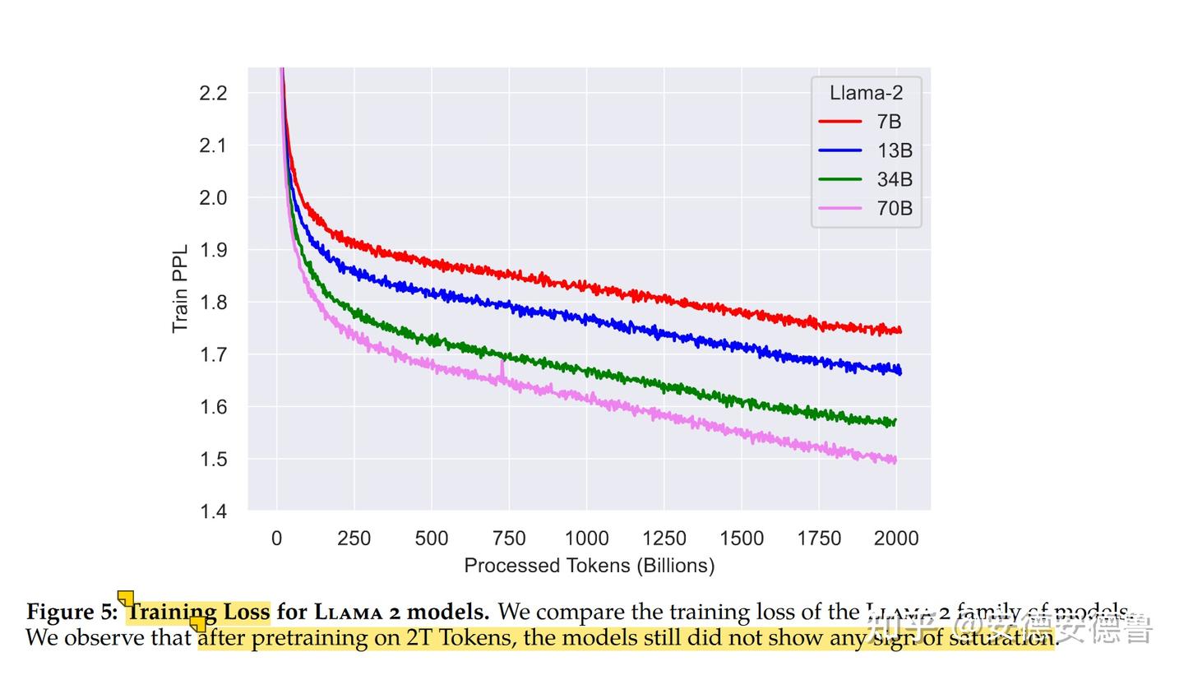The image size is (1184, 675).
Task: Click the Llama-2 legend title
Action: [x=866, y=93]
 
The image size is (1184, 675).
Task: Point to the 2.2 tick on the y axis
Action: [x=213, y=93]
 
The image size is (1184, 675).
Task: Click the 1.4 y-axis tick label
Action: [x=213, y=511]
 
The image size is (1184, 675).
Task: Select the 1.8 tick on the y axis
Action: [x=213, y=303]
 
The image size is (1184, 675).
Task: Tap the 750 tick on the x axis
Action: [x=508, y=539]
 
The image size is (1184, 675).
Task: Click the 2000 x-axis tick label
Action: [x=895, y=539]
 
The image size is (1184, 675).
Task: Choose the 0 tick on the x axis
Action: [x=276, y=539]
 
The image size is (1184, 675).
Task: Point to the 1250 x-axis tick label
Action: [x=664, y=539]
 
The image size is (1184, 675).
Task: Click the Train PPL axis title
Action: [x=180, y=289]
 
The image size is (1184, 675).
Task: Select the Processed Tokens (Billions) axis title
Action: [x=589, y=566]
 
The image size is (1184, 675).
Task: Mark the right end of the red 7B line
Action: [x=900, y=331]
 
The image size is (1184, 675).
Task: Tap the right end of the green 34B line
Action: [x=895, y=422]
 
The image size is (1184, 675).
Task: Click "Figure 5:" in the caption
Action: [x=72, y=613]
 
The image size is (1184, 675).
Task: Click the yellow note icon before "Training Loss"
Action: [x=126, y=598]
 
